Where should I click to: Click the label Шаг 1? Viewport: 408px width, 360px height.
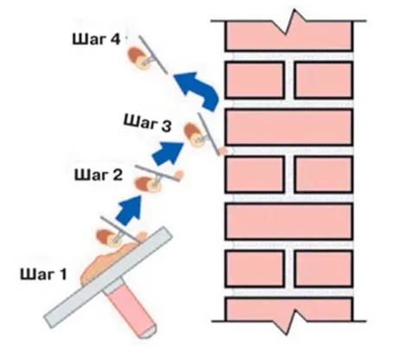(43, 274)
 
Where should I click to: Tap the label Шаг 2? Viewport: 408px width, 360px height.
(99, 175)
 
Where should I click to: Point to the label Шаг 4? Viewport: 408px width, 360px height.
(96, 40)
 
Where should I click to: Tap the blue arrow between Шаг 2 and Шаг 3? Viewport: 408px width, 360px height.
(169, 153)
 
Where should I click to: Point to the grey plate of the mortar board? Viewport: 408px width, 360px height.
(108, 277)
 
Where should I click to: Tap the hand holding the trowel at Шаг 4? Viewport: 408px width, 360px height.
(139, 59)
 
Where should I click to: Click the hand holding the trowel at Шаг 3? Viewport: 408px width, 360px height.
(194, 135)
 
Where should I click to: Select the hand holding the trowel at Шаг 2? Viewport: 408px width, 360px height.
(148, 185)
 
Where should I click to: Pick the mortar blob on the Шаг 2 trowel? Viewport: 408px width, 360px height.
(178, 175)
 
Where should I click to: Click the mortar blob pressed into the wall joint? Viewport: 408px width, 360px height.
(223, 151)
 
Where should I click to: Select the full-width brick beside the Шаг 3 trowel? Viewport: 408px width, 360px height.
(289, 127)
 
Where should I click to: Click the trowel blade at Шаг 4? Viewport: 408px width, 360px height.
(153, 55)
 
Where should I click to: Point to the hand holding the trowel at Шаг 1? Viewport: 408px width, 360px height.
(109, 237)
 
